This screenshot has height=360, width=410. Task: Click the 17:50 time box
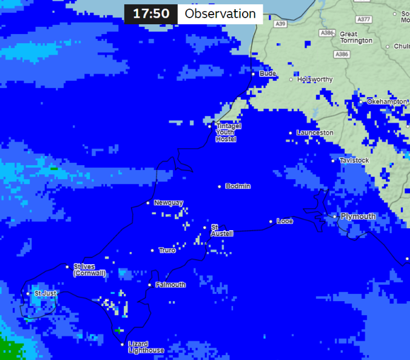tap(151, 14)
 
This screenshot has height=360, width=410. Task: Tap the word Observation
tap(220, 14)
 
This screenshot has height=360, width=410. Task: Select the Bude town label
tap(267, 73)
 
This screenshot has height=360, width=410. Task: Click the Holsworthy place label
tap(315, 79)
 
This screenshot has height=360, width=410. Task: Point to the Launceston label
tap(315, 132)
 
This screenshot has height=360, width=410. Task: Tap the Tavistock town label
tap(354, 160)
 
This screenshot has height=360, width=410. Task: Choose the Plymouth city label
tap(358, 216)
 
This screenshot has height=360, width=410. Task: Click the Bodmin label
tap(238, 186)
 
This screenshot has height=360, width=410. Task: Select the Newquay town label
tap(168, 202)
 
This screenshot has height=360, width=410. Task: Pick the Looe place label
tap(284, 221)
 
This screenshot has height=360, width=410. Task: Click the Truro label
tap(167, 250)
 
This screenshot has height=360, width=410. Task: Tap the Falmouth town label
tap(170, 284)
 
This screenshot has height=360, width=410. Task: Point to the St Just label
tap(45, 293)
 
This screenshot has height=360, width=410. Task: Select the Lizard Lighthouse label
tap(146, 347)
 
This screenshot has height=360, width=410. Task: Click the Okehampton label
tap(387, 101)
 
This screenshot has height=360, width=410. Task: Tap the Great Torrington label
tap(356, 37)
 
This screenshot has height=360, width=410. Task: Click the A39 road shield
tap(280, 24)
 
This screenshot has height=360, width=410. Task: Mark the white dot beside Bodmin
tap(220, 186)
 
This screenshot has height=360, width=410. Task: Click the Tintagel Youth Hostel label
tap(229, 132)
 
